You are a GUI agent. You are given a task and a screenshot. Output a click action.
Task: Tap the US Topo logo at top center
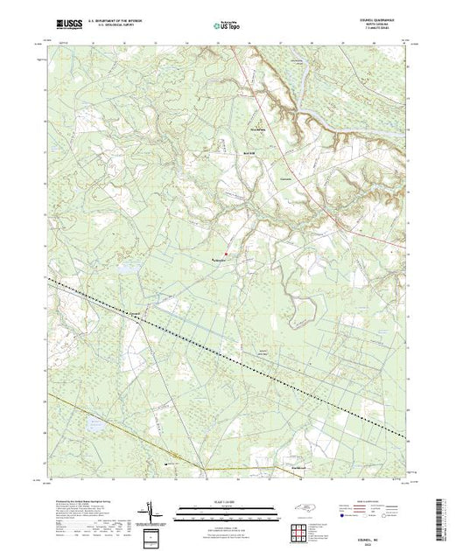tap(228, 27)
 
